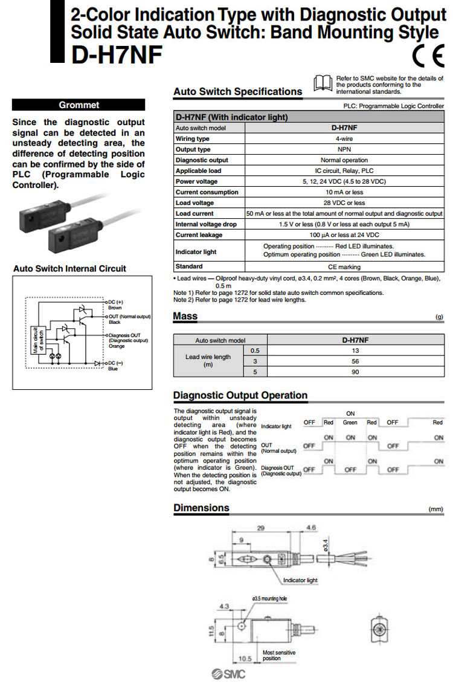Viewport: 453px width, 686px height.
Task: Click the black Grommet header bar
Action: [x=79, y=105]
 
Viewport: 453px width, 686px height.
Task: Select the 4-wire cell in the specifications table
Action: [x=344, y=138]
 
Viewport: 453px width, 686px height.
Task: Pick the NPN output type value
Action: [x=344, y=149]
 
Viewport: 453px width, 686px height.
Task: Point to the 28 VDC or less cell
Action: [x=344, y=202]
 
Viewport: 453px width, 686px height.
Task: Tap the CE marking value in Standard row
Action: [x=344, y=267]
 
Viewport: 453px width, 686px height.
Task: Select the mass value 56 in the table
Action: [x=355, y=361]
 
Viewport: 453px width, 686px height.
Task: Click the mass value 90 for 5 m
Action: [x=355, y=372]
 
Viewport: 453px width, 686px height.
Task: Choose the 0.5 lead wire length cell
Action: [x=255, y=351]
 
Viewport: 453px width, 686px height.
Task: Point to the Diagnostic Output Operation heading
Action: [x=240, y=395]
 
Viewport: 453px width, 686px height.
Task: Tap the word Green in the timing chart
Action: [x=350, y=422]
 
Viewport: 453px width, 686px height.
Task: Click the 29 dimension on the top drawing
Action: [x=261, y=528]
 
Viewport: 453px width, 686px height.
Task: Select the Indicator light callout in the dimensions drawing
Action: [x=300, y=580]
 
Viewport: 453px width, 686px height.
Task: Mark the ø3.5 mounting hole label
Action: [x=269, y=598]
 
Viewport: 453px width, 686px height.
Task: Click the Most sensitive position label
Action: [x=277, y=655]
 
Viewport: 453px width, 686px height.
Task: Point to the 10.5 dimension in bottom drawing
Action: [x=244, y=658]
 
